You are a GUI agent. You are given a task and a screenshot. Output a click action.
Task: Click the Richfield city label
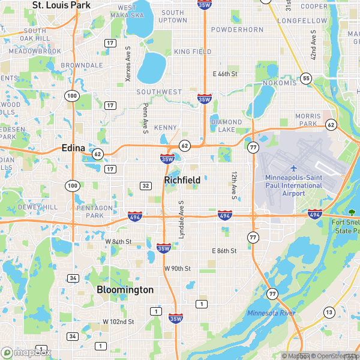182,179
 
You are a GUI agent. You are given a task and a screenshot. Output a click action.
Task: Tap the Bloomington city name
125,290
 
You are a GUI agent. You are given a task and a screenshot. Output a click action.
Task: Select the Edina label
76,148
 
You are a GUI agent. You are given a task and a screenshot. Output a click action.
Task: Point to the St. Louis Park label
61,5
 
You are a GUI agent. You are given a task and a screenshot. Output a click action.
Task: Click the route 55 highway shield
307,78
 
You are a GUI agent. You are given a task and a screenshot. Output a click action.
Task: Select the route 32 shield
145,186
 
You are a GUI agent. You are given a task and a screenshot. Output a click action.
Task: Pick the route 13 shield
329,312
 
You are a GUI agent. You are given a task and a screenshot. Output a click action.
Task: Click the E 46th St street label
226,74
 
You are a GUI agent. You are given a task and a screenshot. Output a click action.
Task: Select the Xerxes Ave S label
127,64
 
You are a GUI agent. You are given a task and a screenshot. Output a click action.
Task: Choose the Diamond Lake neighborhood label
226,125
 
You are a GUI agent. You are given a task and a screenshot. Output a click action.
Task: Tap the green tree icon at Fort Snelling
352,213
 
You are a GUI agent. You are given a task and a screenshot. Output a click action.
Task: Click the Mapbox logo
26,352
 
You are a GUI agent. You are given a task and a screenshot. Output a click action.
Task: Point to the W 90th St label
177,268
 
